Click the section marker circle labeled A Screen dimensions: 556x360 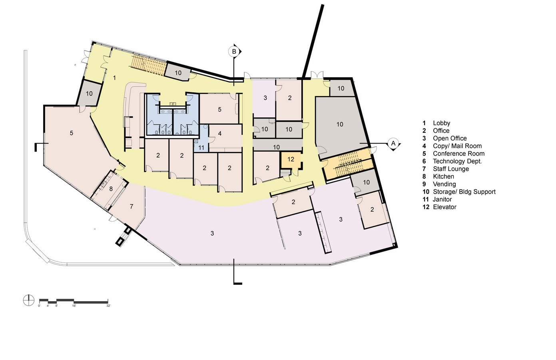click(x=393, y=143)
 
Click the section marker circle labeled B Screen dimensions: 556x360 click(x=233, y=52)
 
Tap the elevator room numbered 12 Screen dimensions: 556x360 click(x=291, y=160)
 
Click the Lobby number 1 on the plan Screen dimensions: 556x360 click(x=114, y=78)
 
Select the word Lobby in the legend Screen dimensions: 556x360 click(x=441, y=123)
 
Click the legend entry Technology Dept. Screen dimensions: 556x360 click(x=457, y=161)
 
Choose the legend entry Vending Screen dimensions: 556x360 click(x=444, y=184)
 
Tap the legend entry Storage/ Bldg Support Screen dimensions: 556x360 click(x=464, y=192)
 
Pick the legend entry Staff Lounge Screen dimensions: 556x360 click(x=451, y=169)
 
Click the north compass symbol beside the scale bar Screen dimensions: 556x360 click(x=28, y=300)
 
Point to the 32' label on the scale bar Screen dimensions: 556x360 click(x=108, y=306)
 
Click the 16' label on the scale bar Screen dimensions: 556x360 click(x=74, y=306)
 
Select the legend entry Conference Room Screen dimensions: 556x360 click(x=459, y=154)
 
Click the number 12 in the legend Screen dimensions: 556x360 click(x=426, y=207)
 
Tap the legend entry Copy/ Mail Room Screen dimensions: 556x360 click(x=457, y=146)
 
